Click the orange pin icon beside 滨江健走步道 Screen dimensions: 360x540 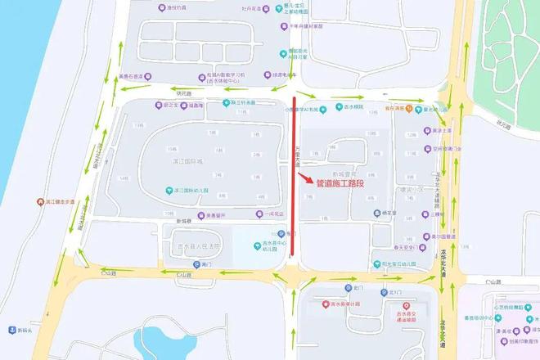[41, 201]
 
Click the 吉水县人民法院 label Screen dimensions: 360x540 [199, 246]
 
